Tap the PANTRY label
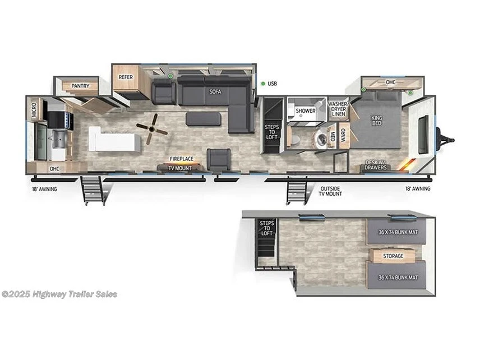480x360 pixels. pos(79,86)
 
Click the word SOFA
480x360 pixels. pos(214,91)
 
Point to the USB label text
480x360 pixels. pos(273,84)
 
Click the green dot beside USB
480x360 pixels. pos(263,84)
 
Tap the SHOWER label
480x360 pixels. pos(306,111)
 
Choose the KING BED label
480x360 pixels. pos(376,121)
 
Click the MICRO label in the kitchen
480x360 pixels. pos(34,109)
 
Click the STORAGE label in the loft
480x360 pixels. pos(393,256)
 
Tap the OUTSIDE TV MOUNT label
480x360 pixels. pos(331,191)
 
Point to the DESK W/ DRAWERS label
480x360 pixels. pos(376,165)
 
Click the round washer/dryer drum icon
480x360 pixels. pos(321,139)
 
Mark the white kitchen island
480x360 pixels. pos(114,139)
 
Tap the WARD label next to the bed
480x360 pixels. pos(343,135)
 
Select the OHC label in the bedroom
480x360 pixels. pos(390,82)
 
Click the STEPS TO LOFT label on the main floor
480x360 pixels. pos(271,132)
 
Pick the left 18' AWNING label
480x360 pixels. pos(44,189)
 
